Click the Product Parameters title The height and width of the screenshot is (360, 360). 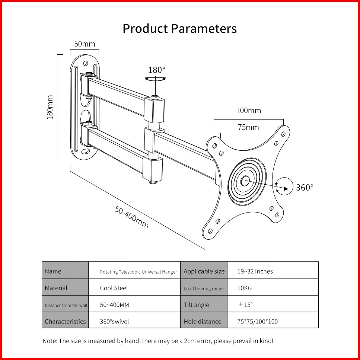point(179,29)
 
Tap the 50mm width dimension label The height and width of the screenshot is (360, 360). point(85,44)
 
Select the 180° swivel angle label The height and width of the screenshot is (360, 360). point(156,70)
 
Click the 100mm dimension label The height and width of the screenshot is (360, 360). point(248,111)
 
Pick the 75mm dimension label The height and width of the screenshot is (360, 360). point(248,127)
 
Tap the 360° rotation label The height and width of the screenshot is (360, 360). point(305,187)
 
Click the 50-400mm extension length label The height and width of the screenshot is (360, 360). point(131,217)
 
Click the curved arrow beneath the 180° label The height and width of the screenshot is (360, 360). point(155,79)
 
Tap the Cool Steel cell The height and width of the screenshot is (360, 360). point(114,288)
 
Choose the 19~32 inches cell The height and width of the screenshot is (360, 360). point(255,271)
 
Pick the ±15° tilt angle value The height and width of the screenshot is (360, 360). point(245,305)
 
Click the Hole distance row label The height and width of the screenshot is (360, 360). point(203,321)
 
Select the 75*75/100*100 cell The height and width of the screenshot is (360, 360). point(258,321)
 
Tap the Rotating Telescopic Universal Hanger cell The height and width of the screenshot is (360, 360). point(138,272)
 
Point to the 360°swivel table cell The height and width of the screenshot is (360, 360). point(114,321)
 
